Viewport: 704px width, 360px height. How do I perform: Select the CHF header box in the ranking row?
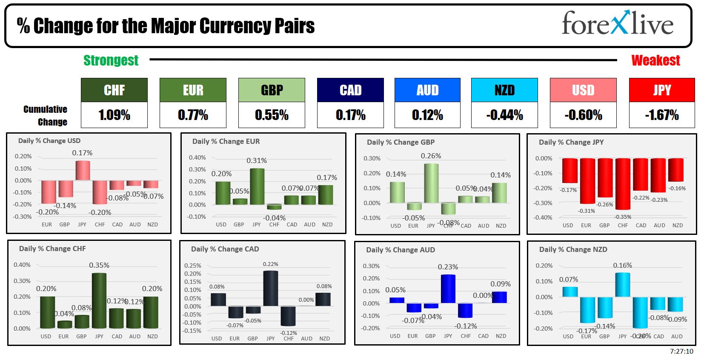tap(114, 90)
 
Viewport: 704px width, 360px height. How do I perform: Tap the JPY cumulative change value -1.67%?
tap(661, 115)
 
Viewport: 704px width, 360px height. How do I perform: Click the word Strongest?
tap(111, 60)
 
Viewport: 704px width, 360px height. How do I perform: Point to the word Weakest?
tap(655, 60)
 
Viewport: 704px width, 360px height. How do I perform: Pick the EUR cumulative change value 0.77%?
tap(193, 115)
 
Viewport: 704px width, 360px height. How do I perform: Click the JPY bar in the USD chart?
tap(83, 170)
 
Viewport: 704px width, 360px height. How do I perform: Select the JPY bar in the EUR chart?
tap(257, 186)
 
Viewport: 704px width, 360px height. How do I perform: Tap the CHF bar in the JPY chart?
tap(623, 184)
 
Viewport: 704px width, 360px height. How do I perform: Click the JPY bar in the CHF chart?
tap(99, 300)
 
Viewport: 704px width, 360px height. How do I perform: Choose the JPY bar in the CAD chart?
tap(271, 289)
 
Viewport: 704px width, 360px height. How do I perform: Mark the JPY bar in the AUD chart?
tap(448, 289)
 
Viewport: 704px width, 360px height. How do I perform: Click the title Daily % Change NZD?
tap(573, 249)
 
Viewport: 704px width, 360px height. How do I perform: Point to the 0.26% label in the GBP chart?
tap(431, 156)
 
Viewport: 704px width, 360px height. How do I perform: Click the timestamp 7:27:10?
tap(681, 351)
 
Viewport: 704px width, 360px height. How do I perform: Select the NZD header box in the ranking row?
tap(504, 90)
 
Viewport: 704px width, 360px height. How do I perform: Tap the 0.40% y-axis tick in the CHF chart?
tap(22, 265)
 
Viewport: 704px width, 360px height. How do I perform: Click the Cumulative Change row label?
tap(46, 115)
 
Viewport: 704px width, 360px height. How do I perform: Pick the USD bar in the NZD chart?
tap(570, 292)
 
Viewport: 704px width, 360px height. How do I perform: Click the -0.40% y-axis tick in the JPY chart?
tap(543, 217)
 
